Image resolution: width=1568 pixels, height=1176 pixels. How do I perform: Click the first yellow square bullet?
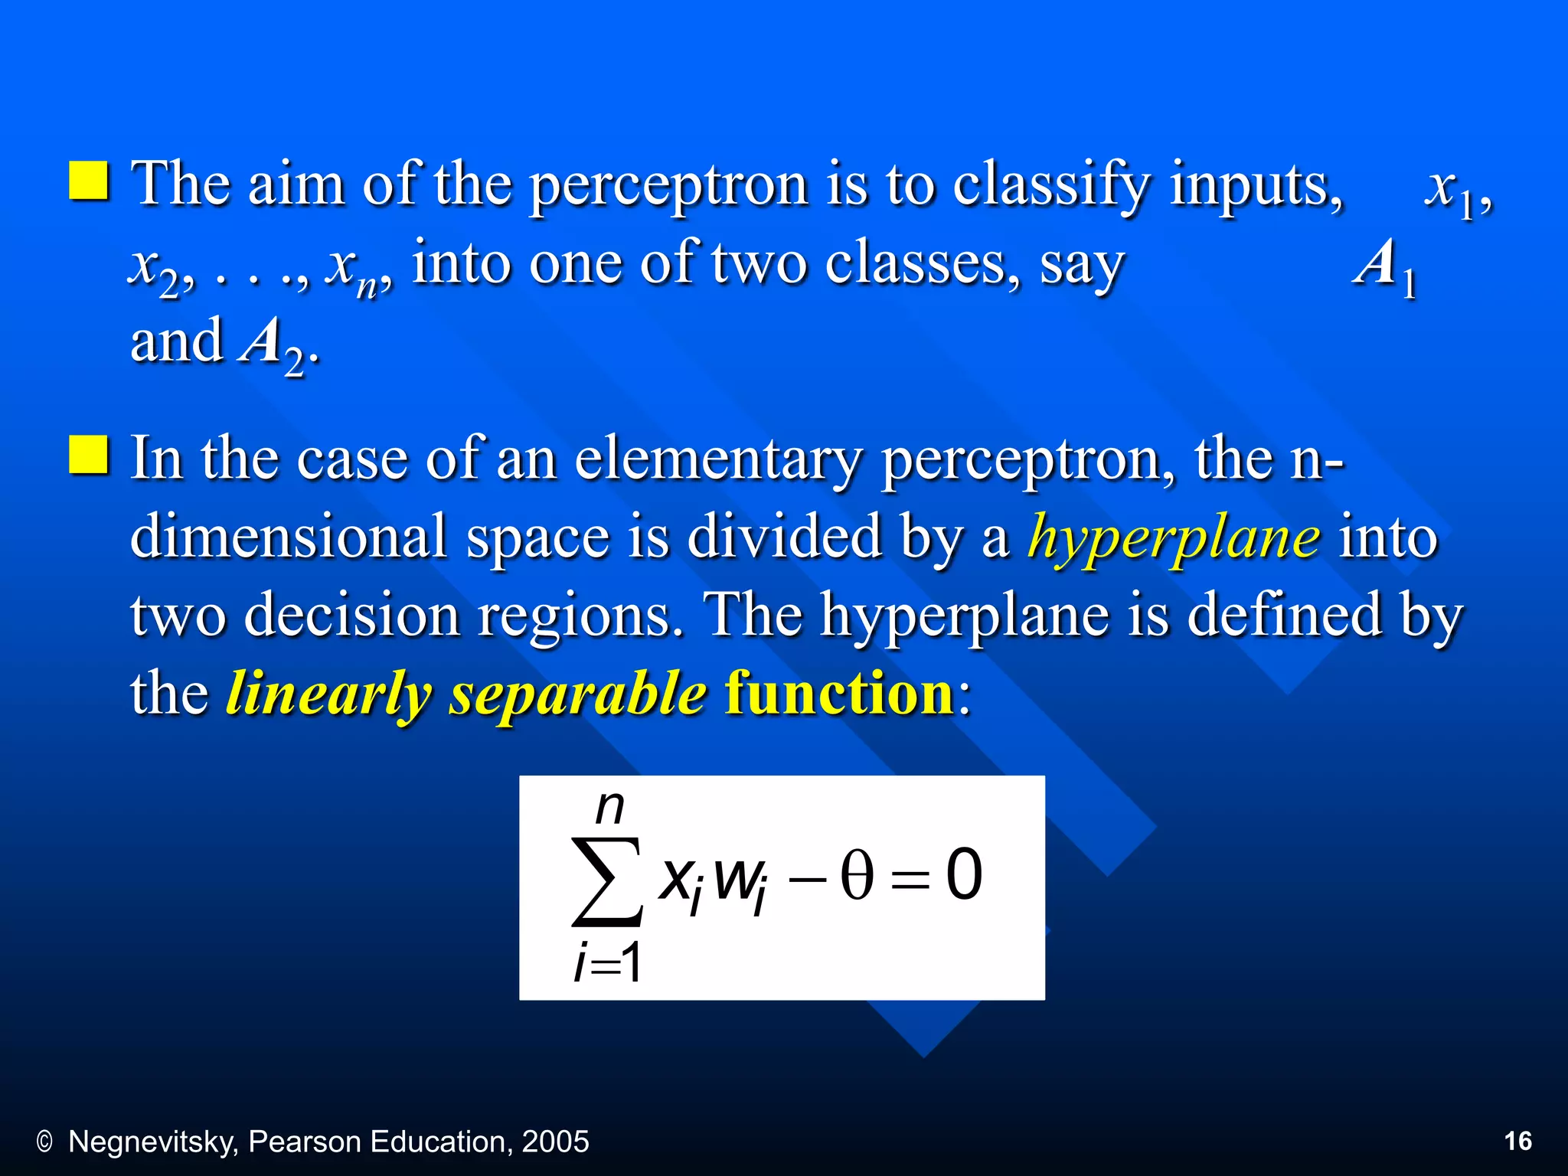pos(89,181)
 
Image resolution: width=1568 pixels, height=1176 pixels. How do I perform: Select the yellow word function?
pos(839,694)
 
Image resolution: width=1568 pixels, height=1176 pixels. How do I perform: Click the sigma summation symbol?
pos(606,880)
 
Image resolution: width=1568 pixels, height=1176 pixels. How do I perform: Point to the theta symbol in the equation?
pos(856,875)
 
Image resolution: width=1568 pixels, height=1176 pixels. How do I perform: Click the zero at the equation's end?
pos(963,875)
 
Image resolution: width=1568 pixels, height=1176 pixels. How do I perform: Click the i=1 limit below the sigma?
pos(608,962)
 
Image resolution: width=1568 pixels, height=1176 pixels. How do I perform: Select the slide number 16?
pos(1517,1142)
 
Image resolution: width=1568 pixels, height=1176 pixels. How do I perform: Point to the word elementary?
pos(717,459)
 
